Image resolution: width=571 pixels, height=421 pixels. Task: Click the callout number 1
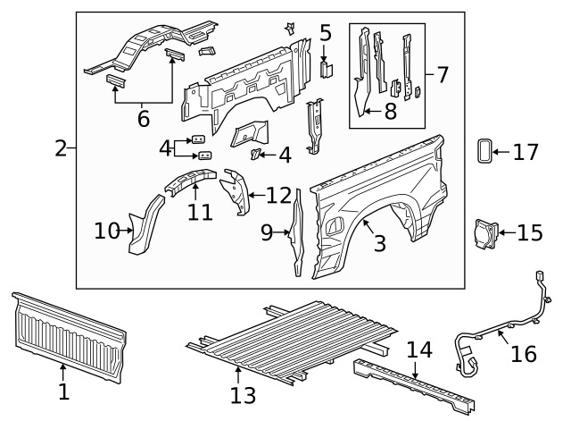tap(62, 391)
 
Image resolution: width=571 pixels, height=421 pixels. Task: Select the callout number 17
tap(525, 152)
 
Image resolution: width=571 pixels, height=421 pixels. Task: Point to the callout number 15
tap(529, 233)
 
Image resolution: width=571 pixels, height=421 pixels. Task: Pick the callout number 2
tap(61, 148)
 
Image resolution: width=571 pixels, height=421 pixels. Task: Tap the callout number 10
tap(106, 232)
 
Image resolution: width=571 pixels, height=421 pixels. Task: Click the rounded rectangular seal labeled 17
tap(484, 151)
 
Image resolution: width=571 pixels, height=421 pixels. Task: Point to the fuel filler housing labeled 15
tap(485, 232)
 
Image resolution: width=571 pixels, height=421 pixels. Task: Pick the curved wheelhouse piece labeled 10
tap(141, 229)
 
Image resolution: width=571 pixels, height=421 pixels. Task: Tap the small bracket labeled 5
tap(327, 69)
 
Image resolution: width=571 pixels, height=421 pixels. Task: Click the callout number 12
tap(278, 194)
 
